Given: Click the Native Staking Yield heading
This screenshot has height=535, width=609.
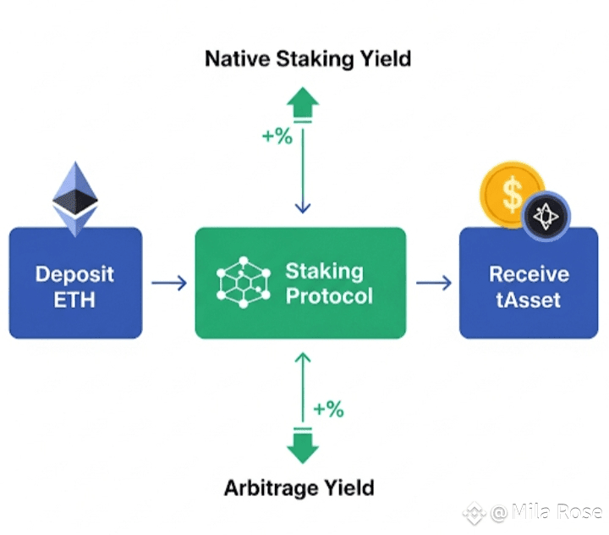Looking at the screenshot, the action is (308, 59).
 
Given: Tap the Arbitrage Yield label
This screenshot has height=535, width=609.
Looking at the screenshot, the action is (299, 488).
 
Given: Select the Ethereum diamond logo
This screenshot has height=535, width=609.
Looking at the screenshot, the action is (75, 199).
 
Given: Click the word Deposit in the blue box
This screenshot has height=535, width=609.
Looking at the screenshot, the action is (74, 275).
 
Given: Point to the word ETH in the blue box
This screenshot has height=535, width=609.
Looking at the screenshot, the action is (74, 300).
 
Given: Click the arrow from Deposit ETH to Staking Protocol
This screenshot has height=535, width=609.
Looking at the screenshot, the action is (169, 283).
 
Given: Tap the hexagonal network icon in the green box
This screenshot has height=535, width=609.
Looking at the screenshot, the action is (243, 282).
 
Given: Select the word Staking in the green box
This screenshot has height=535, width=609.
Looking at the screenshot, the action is (324, 272).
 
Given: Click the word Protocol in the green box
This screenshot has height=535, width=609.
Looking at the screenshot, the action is (329, 296).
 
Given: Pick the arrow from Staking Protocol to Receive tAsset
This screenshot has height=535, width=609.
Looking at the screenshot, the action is (434, 283).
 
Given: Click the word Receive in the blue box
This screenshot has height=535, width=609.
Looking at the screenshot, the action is (529, 274).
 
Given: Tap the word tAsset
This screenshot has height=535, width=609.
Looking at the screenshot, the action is (528, 300).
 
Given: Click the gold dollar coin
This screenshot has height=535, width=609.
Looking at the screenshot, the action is (510, 193).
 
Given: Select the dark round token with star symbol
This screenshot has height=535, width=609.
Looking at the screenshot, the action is (546, 216).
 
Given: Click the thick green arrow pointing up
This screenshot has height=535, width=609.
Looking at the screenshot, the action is (303, 102).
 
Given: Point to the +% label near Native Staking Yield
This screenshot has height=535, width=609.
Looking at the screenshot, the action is (277, 136).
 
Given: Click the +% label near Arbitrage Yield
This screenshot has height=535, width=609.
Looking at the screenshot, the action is (328, 409).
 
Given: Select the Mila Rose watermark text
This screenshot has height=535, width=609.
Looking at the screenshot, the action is (546, 511).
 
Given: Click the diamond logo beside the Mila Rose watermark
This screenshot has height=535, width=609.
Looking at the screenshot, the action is (475, 513).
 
